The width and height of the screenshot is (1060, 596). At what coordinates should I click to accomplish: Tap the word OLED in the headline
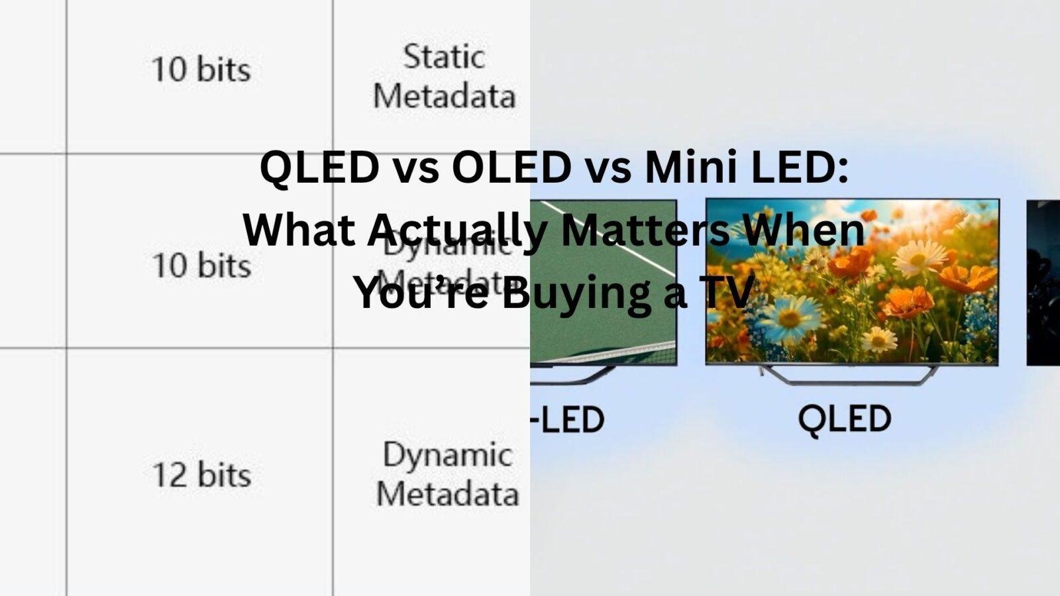click(x=511, y=170)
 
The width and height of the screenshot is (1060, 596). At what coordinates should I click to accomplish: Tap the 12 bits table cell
click(x=201, y=475)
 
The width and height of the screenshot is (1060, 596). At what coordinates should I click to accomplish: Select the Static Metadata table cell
click(x=444, y=76)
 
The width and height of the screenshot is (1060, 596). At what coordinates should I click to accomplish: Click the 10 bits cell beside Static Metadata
click(x=201, y=70)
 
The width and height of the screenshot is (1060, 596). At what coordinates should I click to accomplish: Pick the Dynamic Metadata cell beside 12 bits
click(x=447, y=474)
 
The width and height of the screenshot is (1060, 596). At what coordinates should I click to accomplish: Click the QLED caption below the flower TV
click(x=845, y=419)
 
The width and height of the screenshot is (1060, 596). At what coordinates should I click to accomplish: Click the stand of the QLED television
click(x=851, y=375)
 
